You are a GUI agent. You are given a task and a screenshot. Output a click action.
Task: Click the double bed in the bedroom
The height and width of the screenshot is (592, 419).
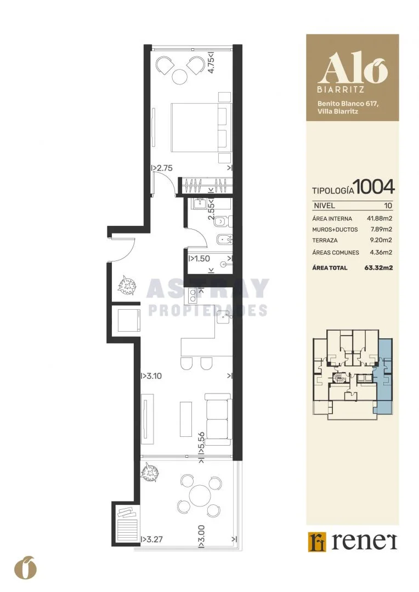tap(201, 128)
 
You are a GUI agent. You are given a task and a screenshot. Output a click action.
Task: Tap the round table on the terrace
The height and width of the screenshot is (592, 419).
tap(200, 495)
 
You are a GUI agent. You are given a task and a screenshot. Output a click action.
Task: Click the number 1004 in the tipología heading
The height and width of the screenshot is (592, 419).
tap(375, 187)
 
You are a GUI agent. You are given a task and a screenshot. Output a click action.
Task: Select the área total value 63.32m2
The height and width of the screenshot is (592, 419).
tap(378, 267)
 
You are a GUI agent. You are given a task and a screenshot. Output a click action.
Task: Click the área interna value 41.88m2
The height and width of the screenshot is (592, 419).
tap(380, 218)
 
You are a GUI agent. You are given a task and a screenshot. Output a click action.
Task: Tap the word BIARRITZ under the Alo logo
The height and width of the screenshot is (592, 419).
tap(341, 90)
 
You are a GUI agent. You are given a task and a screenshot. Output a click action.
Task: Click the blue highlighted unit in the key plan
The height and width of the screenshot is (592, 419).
tap(383, 375)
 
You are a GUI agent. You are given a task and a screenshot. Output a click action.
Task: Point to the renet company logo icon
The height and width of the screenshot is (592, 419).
tap(316, 542)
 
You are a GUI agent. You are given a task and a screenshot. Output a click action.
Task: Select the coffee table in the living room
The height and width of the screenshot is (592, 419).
tap(186, 418)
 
